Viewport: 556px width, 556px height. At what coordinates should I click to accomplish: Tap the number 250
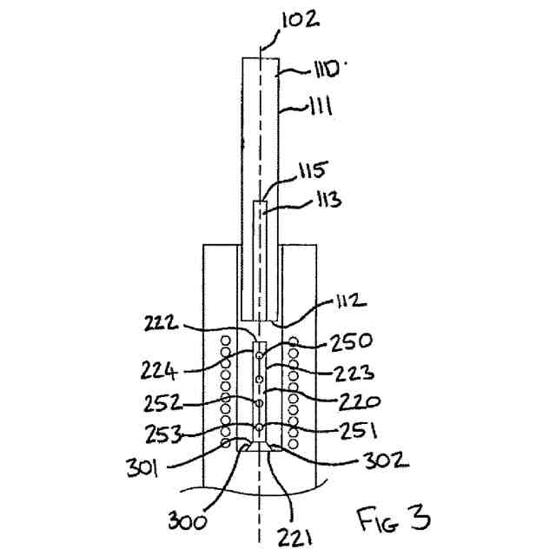(x=353, y=341)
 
